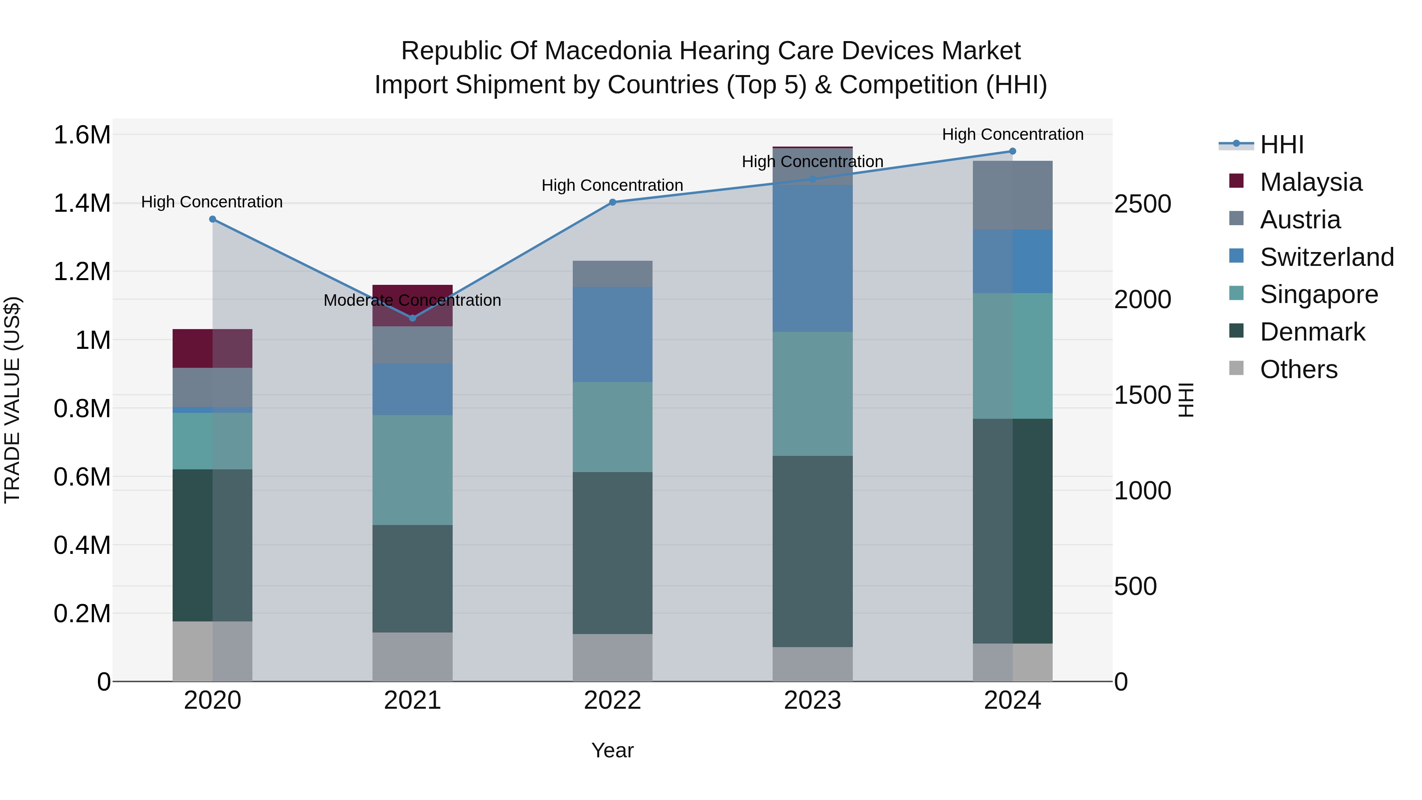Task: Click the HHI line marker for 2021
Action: tap(412, 318)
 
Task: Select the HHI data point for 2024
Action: tap(1012, 151)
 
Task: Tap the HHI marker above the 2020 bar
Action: tap(213, 219)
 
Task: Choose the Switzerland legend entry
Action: tap(1326, 257)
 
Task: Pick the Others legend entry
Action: tap(1298, 369)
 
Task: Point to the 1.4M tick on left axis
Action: tap(82, 203)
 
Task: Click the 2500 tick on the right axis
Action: tap(1142, 204)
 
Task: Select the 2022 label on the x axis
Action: tap(612, 700)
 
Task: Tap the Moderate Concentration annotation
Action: tap(412, 300)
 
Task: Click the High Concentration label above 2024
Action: tap(1012, 134)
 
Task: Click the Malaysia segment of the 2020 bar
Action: tap(213, 348)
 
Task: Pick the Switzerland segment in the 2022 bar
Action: tap(612, 335)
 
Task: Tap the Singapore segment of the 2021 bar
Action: tap(412, 470)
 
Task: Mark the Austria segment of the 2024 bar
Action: tap(1012, 196)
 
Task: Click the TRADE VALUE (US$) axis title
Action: tap(12, 400)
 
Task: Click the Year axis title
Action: tap(612, 750)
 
